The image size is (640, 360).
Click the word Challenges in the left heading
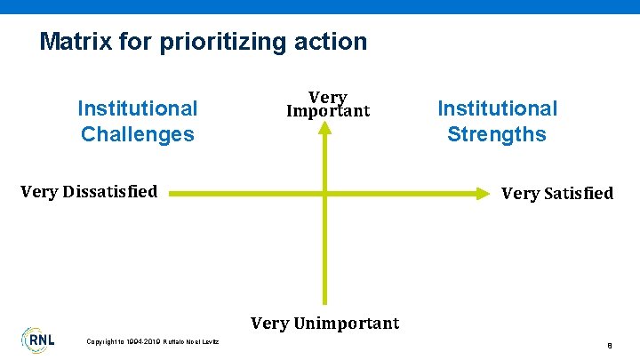pos(137,134)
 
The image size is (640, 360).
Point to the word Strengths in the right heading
pos(497,134)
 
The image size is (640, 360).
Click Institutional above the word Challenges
pos(137,108)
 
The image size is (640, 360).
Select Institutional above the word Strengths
pos(497,108)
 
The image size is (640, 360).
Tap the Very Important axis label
pos(327,104)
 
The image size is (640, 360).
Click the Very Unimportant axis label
pos(324,323)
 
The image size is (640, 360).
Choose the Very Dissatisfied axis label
pos(88,191)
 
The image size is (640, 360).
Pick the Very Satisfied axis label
pos(557,193)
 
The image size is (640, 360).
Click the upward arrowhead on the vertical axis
pos(326,128)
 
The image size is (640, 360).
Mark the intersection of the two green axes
pos(326,191)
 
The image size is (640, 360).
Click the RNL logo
pos(37,339)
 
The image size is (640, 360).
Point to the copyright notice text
pos(154,341)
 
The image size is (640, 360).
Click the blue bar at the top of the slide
pos(320,6)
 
